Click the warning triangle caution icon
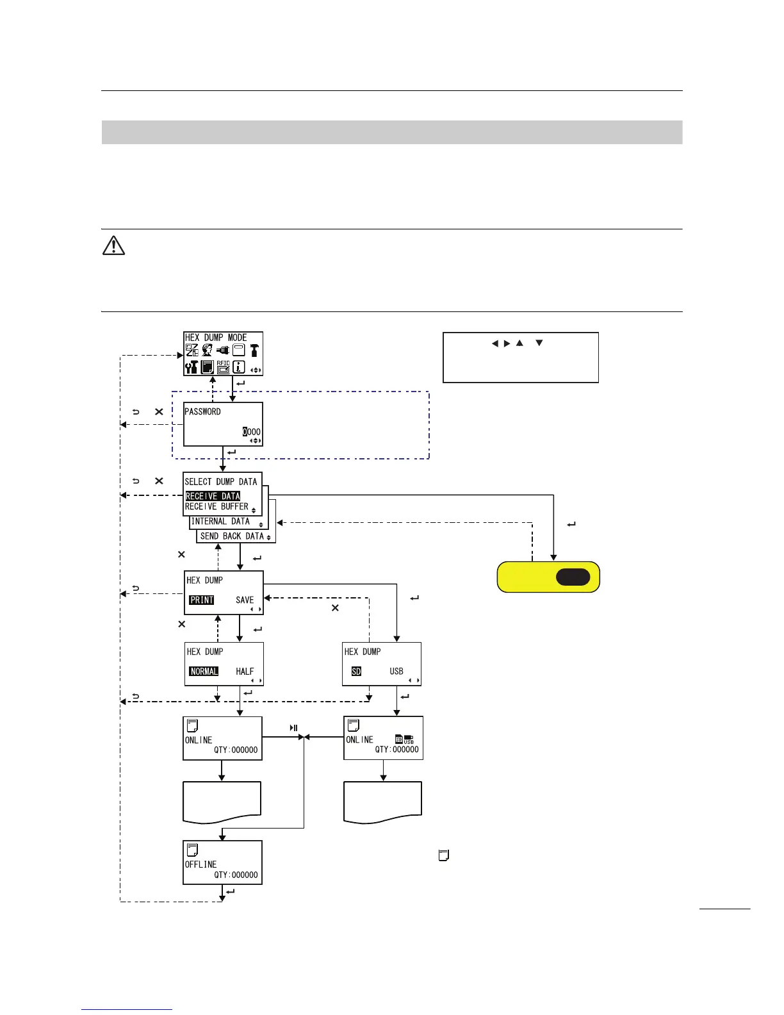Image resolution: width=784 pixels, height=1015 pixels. (113, 245)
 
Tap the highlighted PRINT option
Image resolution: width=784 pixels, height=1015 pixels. (202, 600)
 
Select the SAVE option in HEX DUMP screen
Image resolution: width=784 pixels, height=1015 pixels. (245, 600)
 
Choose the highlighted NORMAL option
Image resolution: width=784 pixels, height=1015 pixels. (204, 671)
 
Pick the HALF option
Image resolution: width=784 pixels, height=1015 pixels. (245, 671)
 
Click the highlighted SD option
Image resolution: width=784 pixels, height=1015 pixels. (356, 671)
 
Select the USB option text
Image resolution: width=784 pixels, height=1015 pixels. (396, 671)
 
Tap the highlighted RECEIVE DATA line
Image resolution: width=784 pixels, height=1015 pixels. (213, 496)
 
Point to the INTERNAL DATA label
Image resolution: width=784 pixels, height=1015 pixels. (220, 522)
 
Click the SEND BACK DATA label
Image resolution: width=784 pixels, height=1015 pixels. (232, 536)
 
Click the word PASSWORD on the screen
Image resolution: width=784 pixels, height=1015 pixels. (202, 411)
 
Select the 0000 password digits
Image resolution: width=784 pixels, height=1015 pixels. (252, 432)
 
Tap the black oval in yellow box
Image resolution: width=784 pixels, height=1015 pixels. (573, 577)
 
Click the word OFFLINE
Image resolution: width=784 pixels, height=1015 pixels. (200, 864)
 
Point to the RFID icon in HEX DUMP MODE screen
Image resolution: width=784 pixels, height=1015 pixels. (223, 367)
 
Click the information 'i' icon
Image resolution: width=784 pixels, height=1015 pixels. (239, 367)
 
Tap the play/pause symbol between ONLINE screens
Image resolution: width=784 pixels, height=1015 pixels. (294, 727)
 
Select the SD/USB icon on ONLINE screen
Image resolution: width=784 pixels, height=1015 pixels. (404, 739)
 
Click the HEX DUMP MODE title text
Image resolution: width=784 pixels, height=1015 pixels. (216, 338)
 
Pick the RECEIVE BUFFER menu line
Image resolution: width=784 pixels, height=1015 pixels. (216, 507)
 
